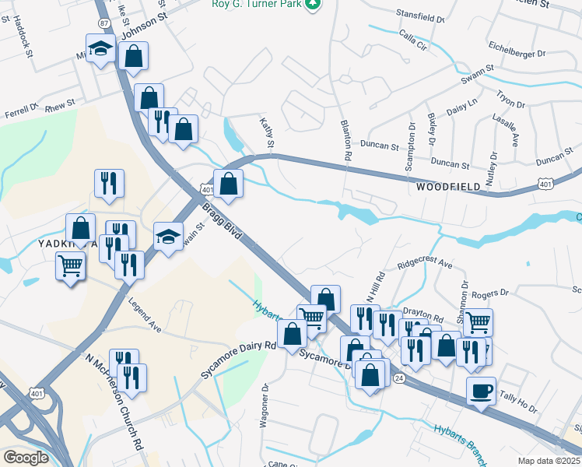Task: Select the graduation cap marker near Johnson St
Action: (100, 50)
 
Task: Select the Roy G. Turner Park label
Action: (256, 4)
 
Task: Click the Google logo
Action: (26, 457)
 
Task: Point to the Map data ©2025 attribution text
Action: (549, 461)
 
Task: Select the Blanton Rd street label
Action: (344, 140)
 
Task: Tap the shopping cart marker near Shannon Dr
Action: (479, 322)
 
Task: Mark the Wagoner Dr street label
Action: (265, 406)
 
